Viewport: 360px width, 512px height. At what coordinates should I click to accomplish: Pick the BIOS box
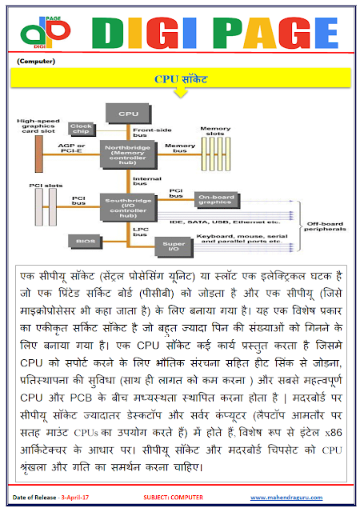(85, 239)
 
